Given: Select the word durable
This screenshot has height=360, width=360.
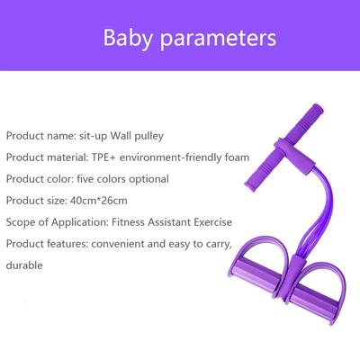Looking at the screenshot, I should point(24,266).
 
